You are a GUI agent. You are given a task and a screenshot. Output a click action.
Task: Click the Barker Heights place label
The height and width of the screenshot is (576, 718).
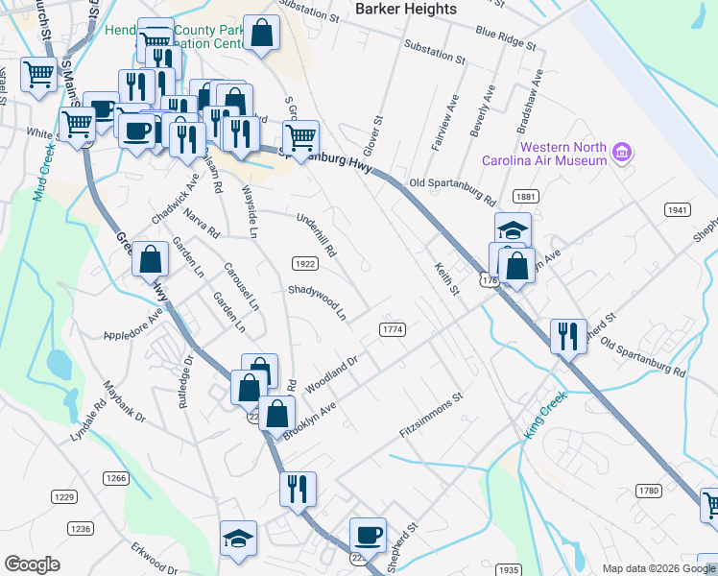(406, 9)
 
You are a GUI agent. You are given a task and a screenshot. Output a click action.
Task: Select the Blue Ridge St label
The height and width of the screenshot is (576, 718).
(505, 37)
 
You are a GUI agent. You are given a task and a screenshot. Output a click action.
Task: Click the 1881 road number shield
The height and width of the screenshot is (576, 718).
(524, 196)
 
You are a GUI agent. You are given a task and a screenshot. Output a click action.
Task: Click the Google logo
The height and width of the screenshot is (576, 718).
(33, 564)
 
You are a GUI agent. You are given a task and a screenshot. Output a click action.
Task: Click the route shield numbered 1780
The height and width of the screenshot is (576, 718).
(649, 491)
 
